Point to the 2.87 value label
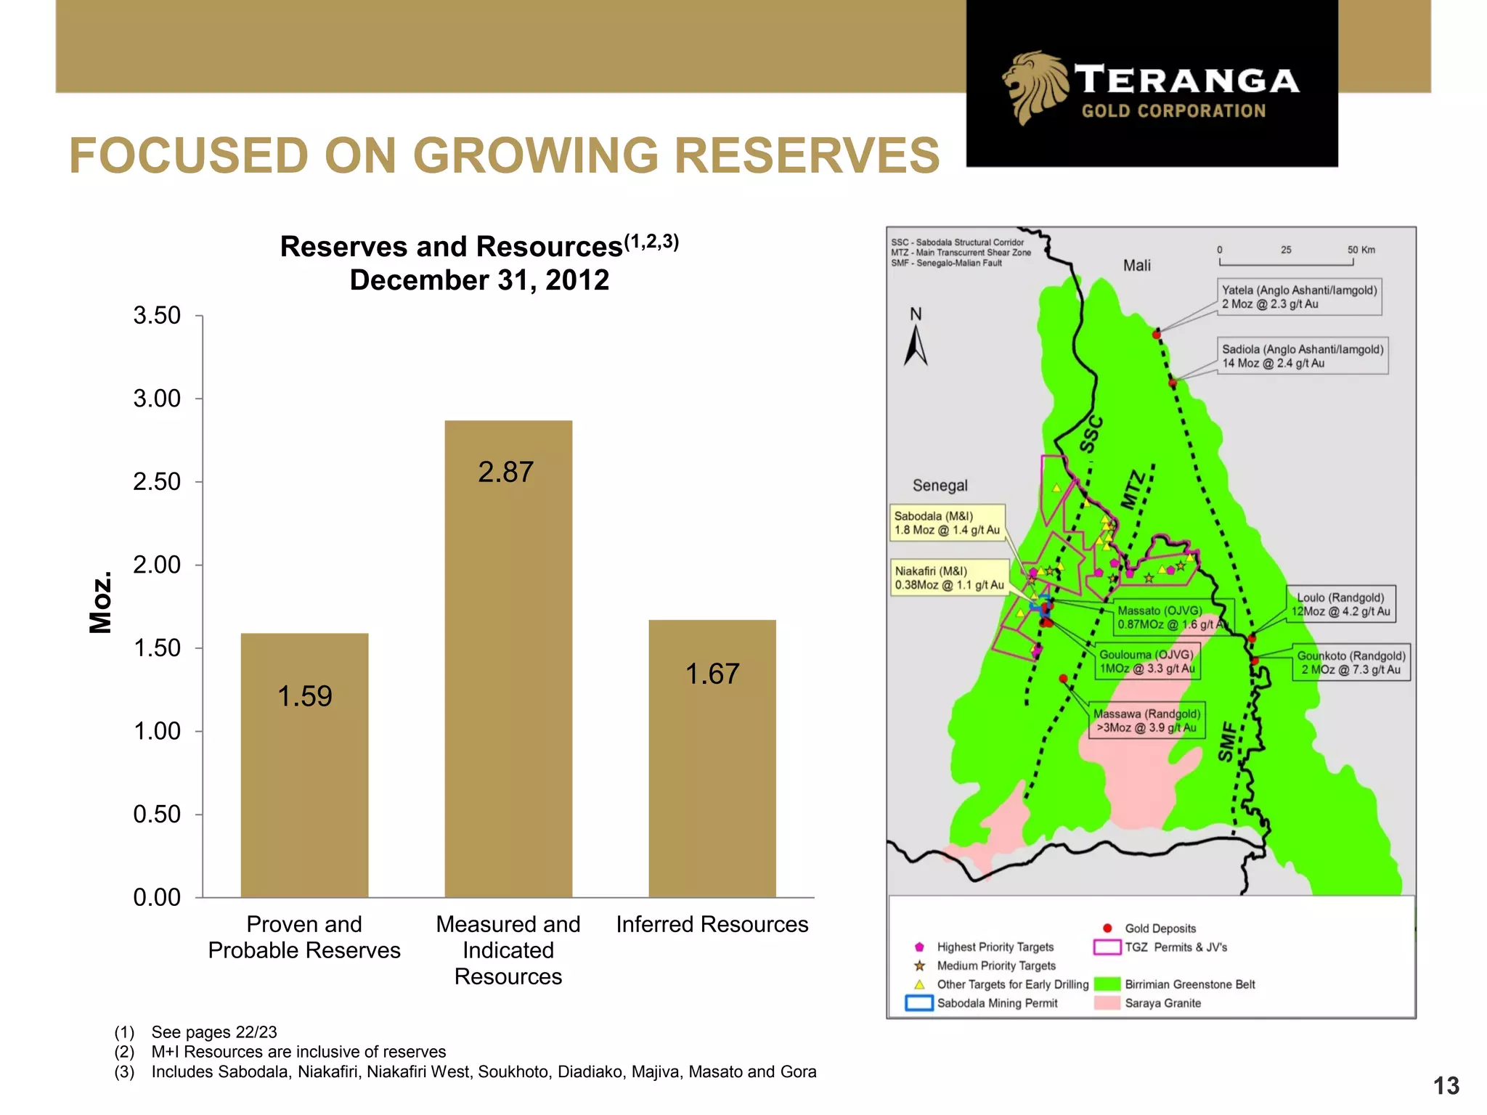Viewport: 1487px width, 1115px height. (506, 473)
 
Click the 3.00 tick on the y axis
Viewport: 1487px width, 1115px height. (157, 399)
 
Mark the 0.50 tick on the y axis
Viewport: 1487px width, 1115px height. (157, 814)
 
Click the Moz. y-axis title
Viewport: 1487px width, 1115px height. (100, 602)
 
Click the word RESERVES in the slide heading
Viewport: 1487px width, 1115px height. (807, 155)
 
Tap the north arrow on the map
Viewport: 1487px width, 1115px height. (916, 344)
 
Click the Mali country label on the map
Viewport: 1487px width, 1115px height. (1136, 266)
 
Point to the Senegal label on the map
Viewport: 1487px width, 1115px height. (940, 486)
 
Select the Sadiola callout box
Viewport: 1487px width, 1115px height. (1303, 356)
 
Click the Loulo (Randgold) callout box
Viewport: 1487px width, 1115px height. (1340, 604)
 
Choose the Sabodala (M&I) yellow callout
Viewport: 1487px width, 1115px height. (947, 523)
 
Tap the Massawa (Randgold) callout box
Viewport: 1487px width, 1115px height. (1146, 720)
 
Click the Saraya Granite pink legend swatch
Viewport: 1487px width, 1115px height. (1107, 1003)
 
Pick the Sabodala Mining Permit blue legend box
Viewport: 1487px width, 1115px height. (919, 1003)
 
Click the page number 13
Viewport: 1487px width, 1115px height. (1446, 1085)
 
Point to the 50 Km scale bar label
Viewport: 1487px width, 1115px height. (1361, 250)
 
